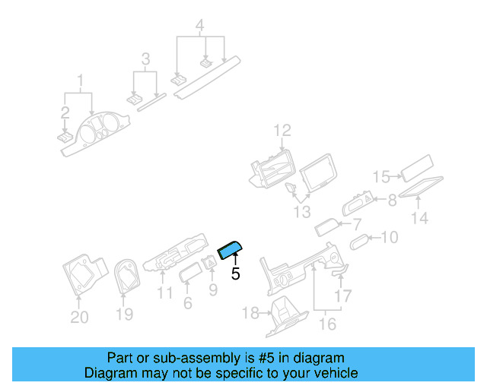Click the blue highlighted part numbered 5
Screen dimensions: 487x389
[230, 249]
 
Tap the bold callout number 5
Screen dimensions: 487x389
[236, 274]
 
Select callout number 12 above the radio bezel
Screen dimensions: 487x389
[282, 131]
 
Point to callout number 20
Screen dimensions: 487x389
[79, 317]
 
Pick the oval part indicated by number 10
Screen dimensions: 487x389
[359, 242]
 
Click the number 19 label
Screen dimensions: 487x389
[125, 315]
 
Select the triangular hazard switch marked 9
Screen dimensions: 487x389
[210, 262]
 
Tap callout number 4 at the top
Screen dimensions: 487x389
[199, 25]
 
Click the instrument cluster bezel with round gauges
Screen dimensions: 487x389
[94, 134]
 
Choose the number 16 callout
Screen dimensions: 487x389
[328, 324]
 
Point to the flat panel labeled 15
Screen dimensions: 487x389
[417, 168]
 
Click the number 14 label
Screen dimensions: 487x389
[419, 218]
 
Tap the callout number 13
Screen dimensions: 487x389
[302, 212]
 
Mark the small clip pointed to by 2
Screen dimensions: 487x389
[65, 138]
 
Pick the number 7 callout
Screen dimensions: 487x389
[357, 224]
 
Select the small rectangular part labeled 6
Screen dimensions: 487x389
[191, 272]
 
